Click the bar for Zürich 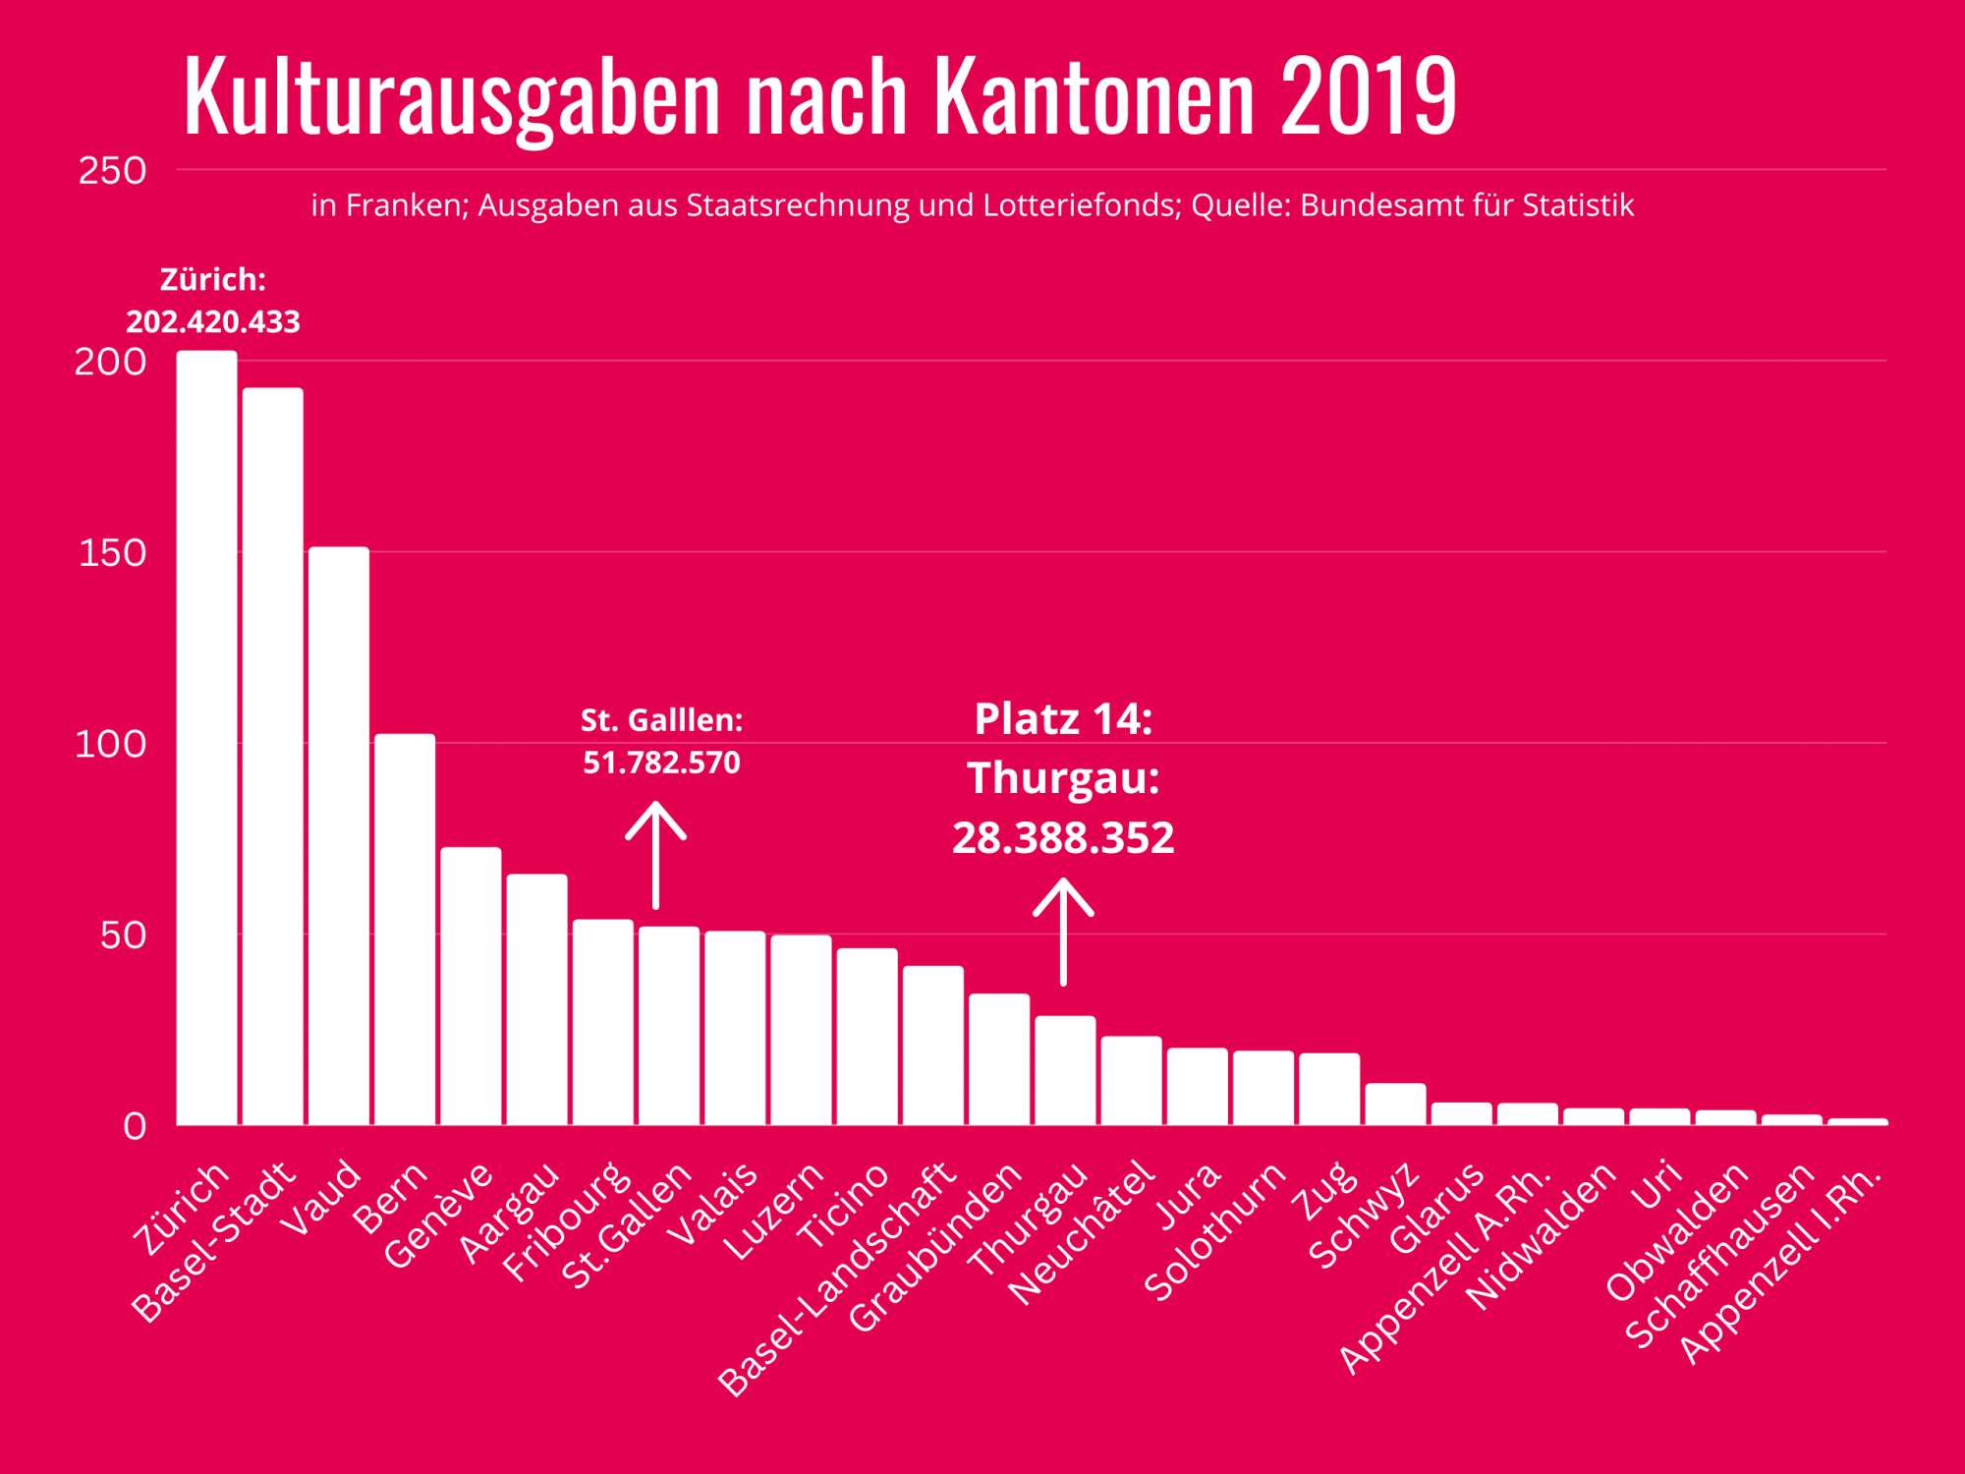pyautogui.click(x=207, y=737)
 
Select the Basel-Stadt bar pyautogui.click(x=273, y=757)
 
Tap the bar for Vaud pyautogui.click(x=339, y=835)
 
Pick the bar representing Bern pyautogui.click(x=405, y=929)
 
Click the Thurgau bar pyautogui.click(x=1065, y=1070)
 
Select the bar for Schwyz pyautogui.click(x=1395, y=1105)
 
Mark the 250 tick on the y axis pyautogui.click(x=112, y=171)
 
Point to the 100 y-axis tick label pyautogui.click(x=110, y=744)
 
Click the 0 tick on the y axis pyautogui.click(x=135, y=1126)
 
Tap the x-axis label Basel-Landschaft pyautogui.click(x=837, y=1279)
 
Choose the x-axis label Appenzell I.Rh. pyautogui.click(x=1780, y=1266)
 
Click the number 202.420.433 pyautogui.click(x=213, y=322)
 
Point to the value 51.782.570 pyautogui.click(x=661, y=763)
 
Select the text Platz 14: pyautogui.click(x=1063, y=719)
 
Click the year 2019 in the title pyautogui.click(x=1369, y=96)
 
